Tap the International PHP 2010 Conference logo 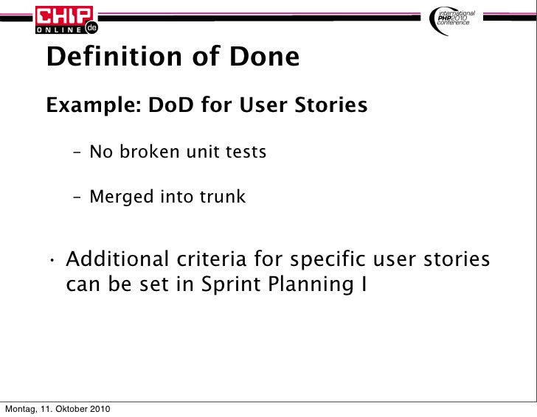(455, 19)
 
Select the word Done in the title (263, 57)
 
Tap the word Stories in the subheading (331, 106)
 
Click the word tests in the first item (244, 153)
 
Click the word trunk (221, 197)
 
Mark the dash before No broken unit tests (77, 153)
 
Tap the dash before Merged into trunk (77, 197)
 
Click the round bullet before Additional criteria (54, 261)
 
